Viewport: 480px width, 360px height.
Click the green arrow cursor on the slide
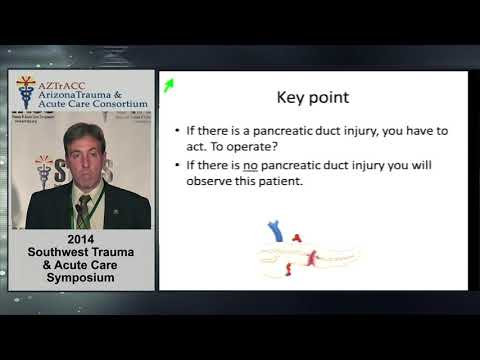(x=169, y=85)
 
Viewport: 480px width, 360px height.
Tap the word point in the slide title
(x=329, y=100)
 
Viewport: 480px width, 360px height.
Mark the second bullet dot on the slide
(x=177, y=165)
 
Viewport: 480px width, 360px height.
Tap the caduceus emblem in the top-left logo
(x=25, y=93)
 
